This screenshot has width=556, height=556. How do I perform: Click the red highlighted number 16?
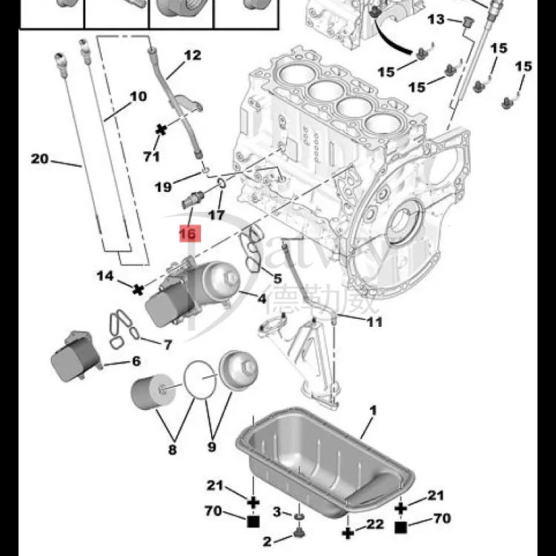[x=188, y=234]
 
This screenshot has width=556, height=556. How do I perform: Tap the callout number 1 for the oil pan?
[x=374, y=410]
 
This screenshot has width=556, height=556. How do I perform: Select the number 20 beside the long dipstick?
[x=39, y=158]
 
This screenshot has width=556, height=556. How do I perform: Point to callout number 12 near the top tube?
[x=192, y=55]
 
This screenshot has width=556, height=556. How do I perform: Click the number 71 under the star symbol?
[x=151, y=156]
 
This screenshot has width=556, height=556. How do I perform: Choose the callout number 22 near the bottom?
[x=375, y=524]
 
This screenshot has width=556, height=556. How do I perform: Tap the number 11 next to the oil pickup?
[x=375, y=322]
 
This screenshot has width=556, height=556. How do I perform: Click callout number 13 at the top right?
[x=435, y=19]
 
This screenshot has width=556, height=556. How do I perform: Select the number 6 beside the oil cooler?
[x=136, y=361]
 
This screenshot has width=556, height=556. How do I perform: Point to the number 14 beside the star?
[x=105, y=276]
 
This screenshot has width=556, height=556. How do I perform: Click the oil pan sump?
[x=326, y=464]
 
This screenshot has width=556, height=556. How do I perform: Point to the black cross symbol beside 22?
[x=347, y=532]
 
